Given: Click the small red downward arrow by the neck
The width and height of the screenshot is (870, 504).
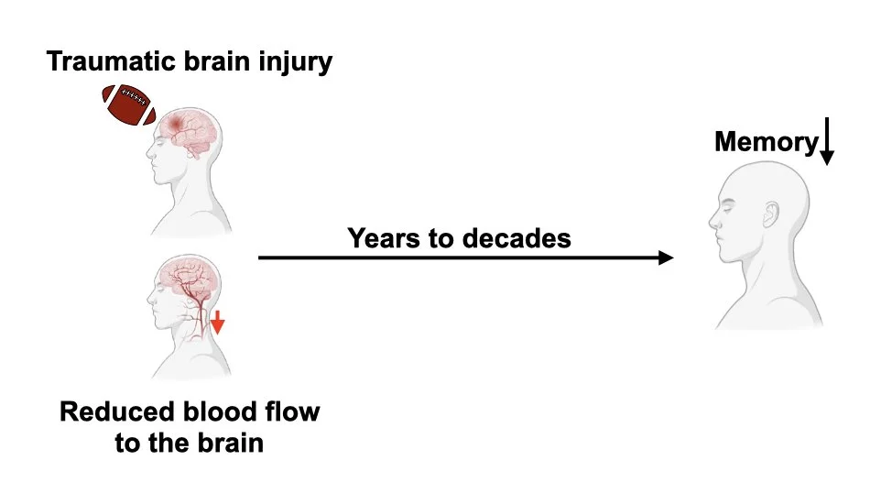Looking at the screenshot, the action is [x=217, y=322].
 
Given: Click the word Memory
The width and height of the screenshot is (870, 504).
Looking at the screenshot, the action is [x=765, y=143].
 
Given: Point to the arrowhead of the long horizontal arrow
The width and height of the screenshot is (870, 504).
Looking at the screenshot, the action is [x=665, y=258].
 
